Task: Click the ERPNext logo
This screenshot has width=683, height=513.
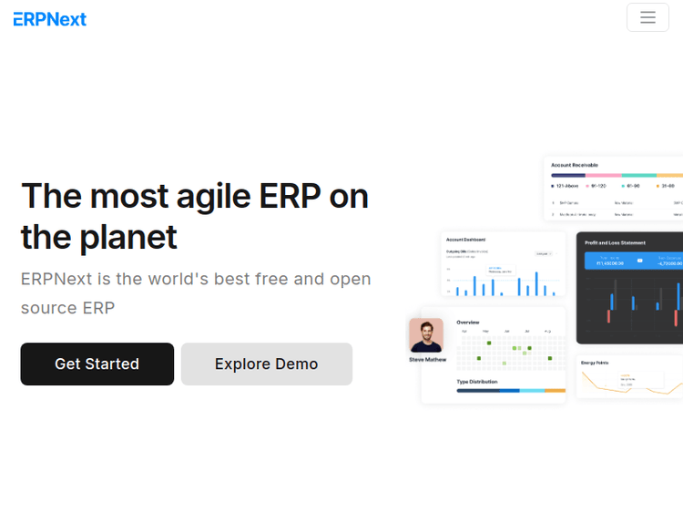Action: [50, 18]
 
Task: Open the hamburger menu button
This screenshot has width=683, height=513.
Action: [647, 17]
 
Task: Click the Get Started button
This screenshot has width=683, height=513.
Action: [97, 364]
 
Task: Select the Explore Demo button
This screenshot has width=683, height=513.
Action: [266, 364]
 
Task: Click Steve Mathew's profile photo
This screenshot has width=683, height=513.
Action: [426, 335]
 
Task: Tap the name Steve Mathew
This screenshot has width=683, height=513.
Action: [428, 360]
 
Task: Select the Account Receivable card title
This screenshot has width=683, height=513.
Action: [575, 165]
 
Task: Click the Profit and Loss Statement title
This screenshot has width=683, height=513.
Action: [615, 242]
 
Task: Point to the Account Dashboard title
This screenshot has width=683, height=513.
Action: [466, 240]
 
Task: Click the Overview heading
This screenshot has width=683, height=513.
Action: [468, 322]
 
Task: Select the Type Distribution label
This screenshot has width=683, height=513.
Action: [477, 381]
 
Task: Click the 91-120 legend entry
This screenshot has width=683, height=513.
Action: [597, 185]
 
